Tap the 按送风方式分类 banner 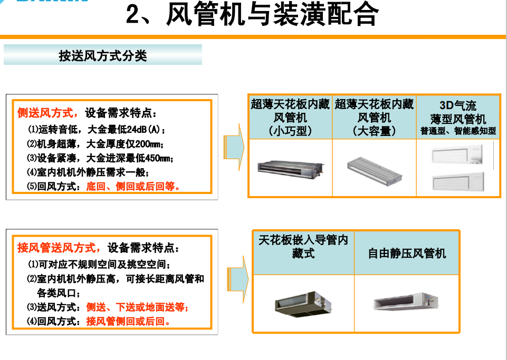point(103,55)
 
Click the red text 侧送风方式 point(45,113)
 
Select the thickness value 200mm point(147,144)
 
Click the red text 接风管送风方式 point(56,248)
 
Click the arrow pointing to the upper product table point(234,147)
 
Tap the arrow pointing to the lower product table point(237,279)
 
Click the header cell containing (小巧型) point(290,118)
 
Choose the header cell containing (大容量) point(374,118)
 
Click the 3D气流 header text point(458,105)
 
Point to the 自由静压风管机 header point(407,253)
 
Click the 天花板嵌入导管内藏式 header point(303,246)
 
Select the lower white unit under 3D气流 point(458,182)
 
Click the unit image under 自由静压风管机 point(406,301)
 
